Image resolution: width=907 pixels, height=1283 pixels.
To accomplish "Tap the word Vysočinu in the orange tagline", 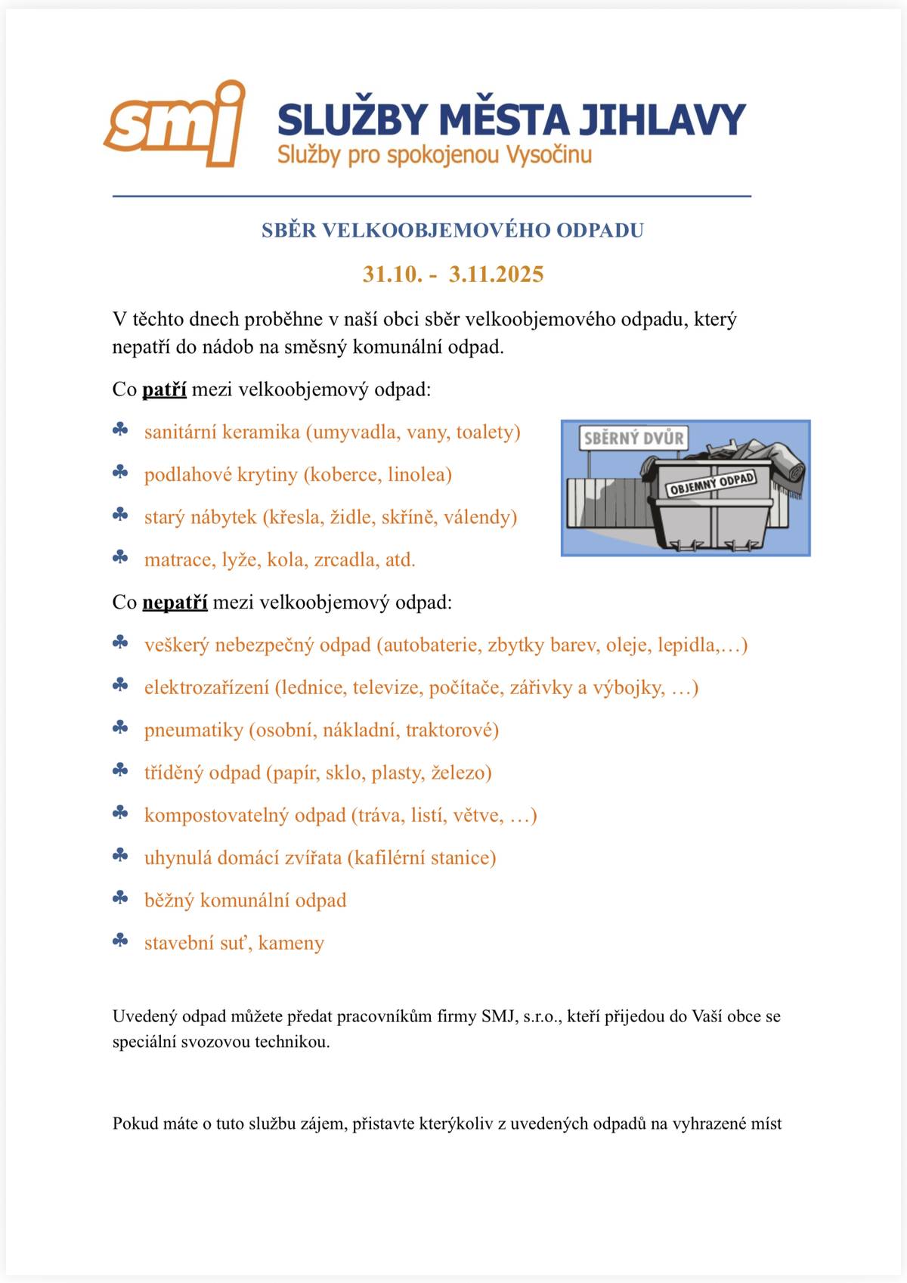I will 549,155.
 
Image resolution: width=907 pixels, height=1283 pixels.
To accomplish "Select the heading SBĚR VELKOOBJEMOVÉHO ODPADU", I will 453,231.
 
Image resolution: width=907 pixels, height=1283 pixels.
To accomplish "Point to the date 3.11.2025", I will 496,274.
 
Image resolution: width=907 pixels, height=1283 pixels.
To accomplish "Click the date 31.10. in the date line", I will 392,274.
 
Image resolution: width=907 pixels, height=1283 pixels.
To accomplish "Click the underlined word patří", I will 164,390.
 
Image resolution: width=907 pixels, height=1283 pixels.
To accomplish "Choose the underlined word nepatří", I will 175,603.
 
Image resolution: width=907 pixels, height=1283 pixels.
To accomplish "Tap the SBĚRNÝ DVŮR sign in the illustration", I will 633,438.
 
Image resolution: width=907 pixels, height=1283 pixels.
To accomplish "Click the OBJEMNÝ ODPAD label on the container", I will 711,484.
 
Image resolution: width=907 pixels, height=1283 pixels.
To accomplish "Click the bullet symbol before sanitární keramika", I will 120,430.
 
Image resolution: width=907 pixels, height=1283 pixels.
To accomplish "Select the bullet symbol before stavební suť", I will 120,941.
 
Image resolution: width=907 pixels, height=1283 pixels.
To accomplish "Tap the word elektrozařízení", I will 206,688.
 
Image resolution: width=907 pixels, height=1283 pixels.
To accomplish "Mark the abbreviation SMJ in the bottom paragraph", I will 497,1016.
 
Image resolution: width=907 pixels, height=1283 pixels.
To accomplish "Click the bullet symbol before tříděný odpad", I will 120,770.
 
